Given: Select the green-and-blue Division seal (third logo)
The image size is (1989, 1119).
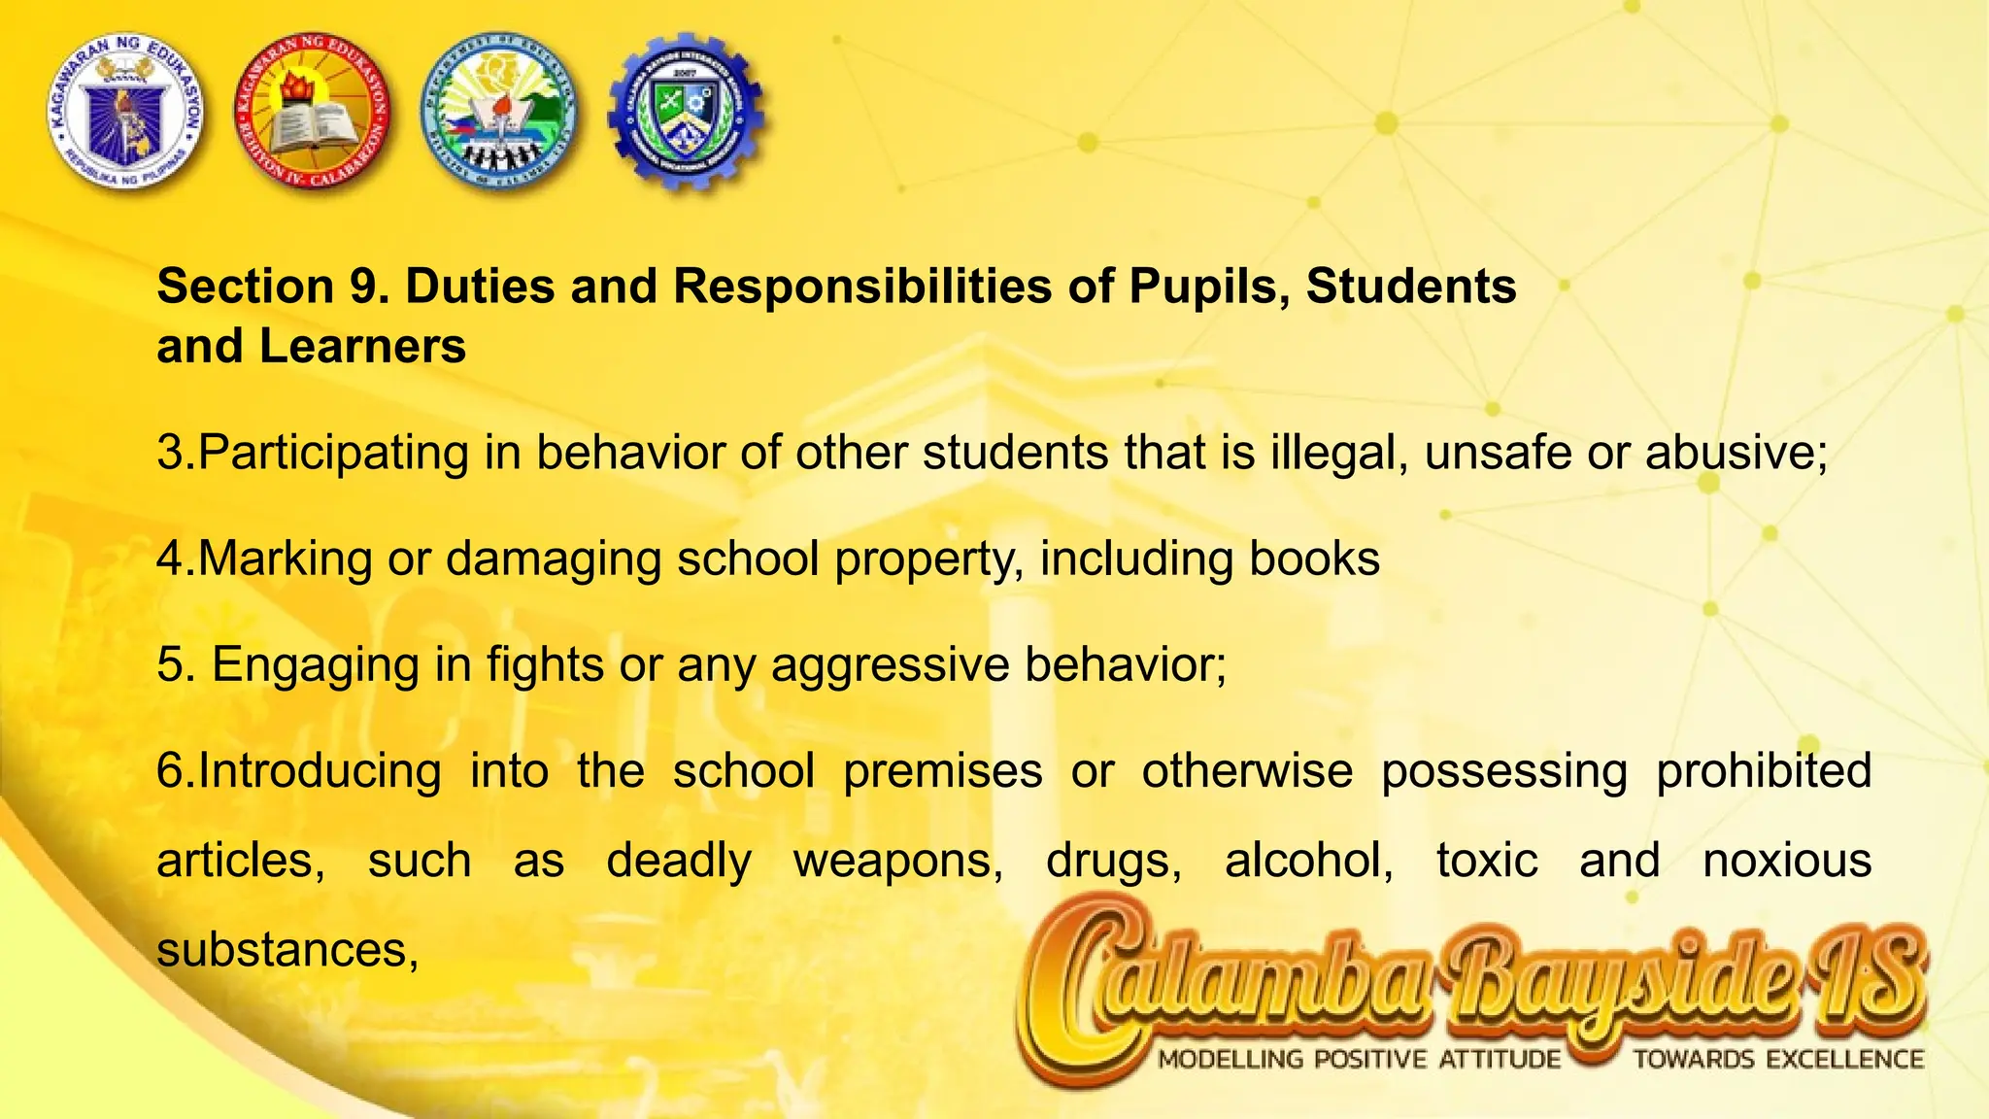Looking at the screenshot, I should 499,113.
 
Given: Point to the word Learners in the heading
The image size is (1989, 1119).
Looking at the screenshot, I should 362,346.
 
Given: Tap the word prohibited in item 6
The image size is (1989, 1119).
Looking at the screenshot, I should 1764,771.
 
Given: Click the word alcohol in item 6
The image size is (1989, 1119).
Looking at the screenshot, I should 1308,861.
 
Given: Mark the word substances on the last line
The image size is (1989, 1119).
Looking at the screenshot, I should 287,950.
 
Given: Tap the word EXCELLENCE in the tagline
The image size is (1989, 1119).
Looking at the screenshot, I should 1844,1060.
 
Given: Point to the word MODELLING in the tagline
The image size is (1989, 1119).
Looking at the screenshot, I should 1230,1060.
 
